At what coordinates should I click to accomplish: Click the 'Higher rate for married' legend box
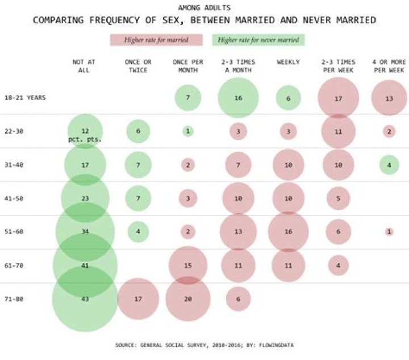[x=157, y=40]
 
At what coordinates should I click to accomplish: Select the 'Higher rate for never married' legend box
[x=258, y=40]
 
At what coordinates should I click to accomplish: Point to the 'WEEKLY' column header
[x=288, y=62]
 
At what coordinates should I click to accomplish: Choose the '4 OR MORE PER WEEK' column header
[x=389, y=66]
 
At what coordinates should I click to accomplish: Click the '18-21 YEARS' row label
[x=24, y=98]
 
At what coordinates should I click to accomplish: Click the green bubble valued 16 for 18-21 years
[x=238, y=98]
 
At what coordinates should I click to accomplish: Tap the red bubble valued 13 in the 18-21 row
[x=389, y=98]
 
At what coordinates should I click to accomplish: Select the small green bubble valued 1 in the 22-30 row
[x=187, y=131]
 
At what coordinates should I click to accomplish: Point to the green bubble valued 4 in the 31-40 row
[x=389, y=165]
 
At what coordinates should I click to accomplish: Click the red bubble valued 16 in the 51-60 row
[x=288, y=231]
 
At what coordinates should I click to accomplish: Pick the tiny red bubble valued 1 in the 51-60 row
[x=389, y=231]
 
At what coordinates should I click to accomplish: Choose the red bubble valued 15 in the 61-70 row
[x=187, y=265]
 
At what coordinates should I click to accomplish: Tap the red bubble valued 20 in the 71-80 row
[x=187, y=299]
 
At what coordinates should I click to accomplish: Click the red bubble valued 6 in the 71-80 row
[x=238, y=299]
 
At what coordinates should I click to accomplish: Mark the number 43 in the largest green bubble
[x=85, y=299]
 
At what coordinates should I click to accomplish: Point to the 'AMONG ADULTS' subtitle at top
[x=204, y=8]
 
